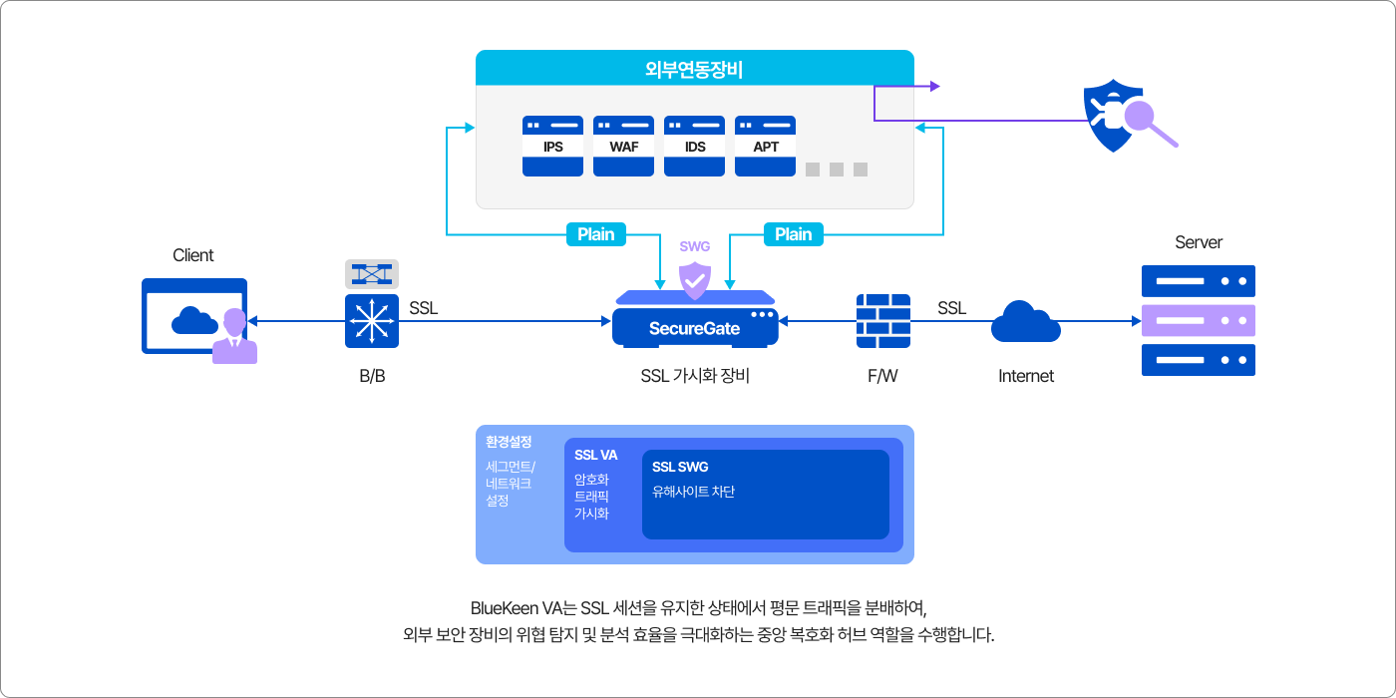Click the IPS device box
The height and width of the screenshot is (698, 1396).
(x=552, y=146)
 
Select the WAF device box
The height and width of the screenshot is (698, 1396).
(x=623, y=146)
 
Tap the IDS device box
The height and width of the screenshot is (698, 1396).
(x=694, y=146)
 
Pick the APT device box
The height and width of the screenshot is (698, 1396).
(x=765, y=146)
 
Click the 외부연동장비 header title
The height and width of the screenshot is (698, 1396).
(x=694, y=69)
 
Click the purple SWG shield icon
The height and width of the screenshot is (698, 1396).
(x=694, y=280)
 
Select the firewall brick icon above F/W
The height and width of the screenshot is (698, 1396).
(x=883, y=321)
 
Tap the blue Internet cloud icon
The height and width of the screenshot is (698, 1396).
(x=1025, y=321)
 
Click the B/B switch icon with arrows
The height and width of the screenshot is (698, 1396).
(x=372, y=321)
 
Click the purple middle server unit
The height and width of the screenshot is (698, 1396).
(x=1198, y=321)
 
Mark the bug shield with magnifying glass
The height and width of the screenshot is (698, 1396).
(x=1122, y=118)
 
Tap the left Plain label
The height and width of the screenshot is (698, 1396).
(x=596, y=234)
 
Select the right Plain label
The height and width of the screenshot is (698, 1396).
(x=793, y=234)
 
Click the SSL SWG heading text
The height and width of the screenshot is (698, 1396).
(x=680, y=467)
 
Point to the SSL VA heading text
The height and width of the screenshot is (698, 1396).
(x=595, y=455)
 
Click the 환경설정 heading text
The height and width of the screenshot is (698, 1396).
(x=509, y=441)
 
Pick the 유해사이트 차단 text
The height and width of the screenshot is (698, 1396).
(x=693, y=492)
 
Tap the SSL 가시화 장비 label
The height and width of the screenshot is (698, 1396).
(x=694, y=376)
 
